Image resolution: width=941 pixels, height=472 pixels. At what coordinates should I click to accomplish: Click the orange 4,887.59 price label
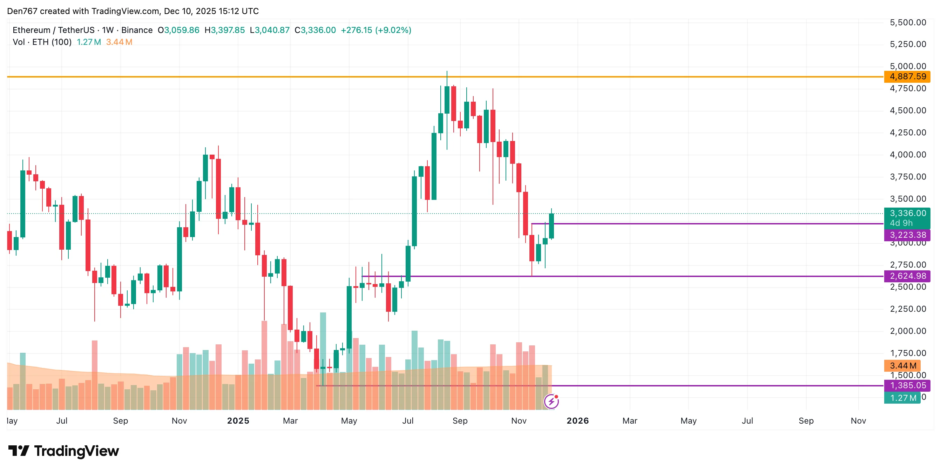[907, 77]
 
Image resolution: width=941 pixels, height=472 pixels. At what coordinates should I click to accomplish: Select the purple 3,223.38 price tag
[907, 235]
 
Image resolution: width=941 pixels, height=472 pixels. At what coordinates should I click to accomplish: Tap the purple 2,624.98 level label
[907, 276]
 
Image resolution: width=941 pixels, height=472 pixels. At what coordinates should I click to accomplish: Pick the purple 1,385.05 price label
[907, 385]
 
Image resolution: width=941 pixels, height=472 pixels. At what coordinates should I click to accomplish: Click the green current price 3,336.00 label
[907, 213]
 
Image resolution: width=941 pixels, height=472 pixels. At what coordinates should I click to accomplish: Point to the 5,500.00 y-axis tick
[908, 23]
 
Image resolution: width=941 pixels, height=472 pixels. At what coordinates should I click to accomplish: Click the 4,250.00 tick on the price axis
[908, 133]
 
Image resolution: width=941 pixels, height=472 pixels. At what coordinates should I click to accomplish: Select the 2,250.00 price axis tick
[908, 309]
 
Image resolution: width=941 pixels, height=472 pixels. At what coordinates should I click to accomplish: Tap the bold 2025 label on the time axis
[238, 421]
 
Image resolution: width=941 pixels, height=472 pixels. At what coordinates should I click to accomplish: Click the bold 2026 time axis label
[577, 421]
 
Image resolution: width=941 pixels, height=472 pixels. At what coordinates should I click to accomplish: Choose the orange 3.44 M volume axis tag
[903, 366]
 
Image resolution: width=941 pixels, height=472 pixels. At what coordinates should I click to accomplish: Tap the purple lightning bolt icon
[551, 402]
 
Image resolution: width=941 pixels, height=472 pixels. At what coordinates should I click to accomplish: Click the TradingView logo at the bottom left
[64, 451]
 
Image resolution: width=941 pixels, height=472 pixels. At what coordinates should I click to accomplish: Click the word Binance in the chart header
[137, 30]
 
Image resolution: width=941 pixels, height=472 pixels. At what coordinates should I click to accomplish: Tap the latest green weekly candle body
[551, 226]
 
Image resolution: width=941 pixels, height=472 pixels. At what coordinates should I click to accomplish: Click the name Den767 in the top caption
[22, 11]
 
